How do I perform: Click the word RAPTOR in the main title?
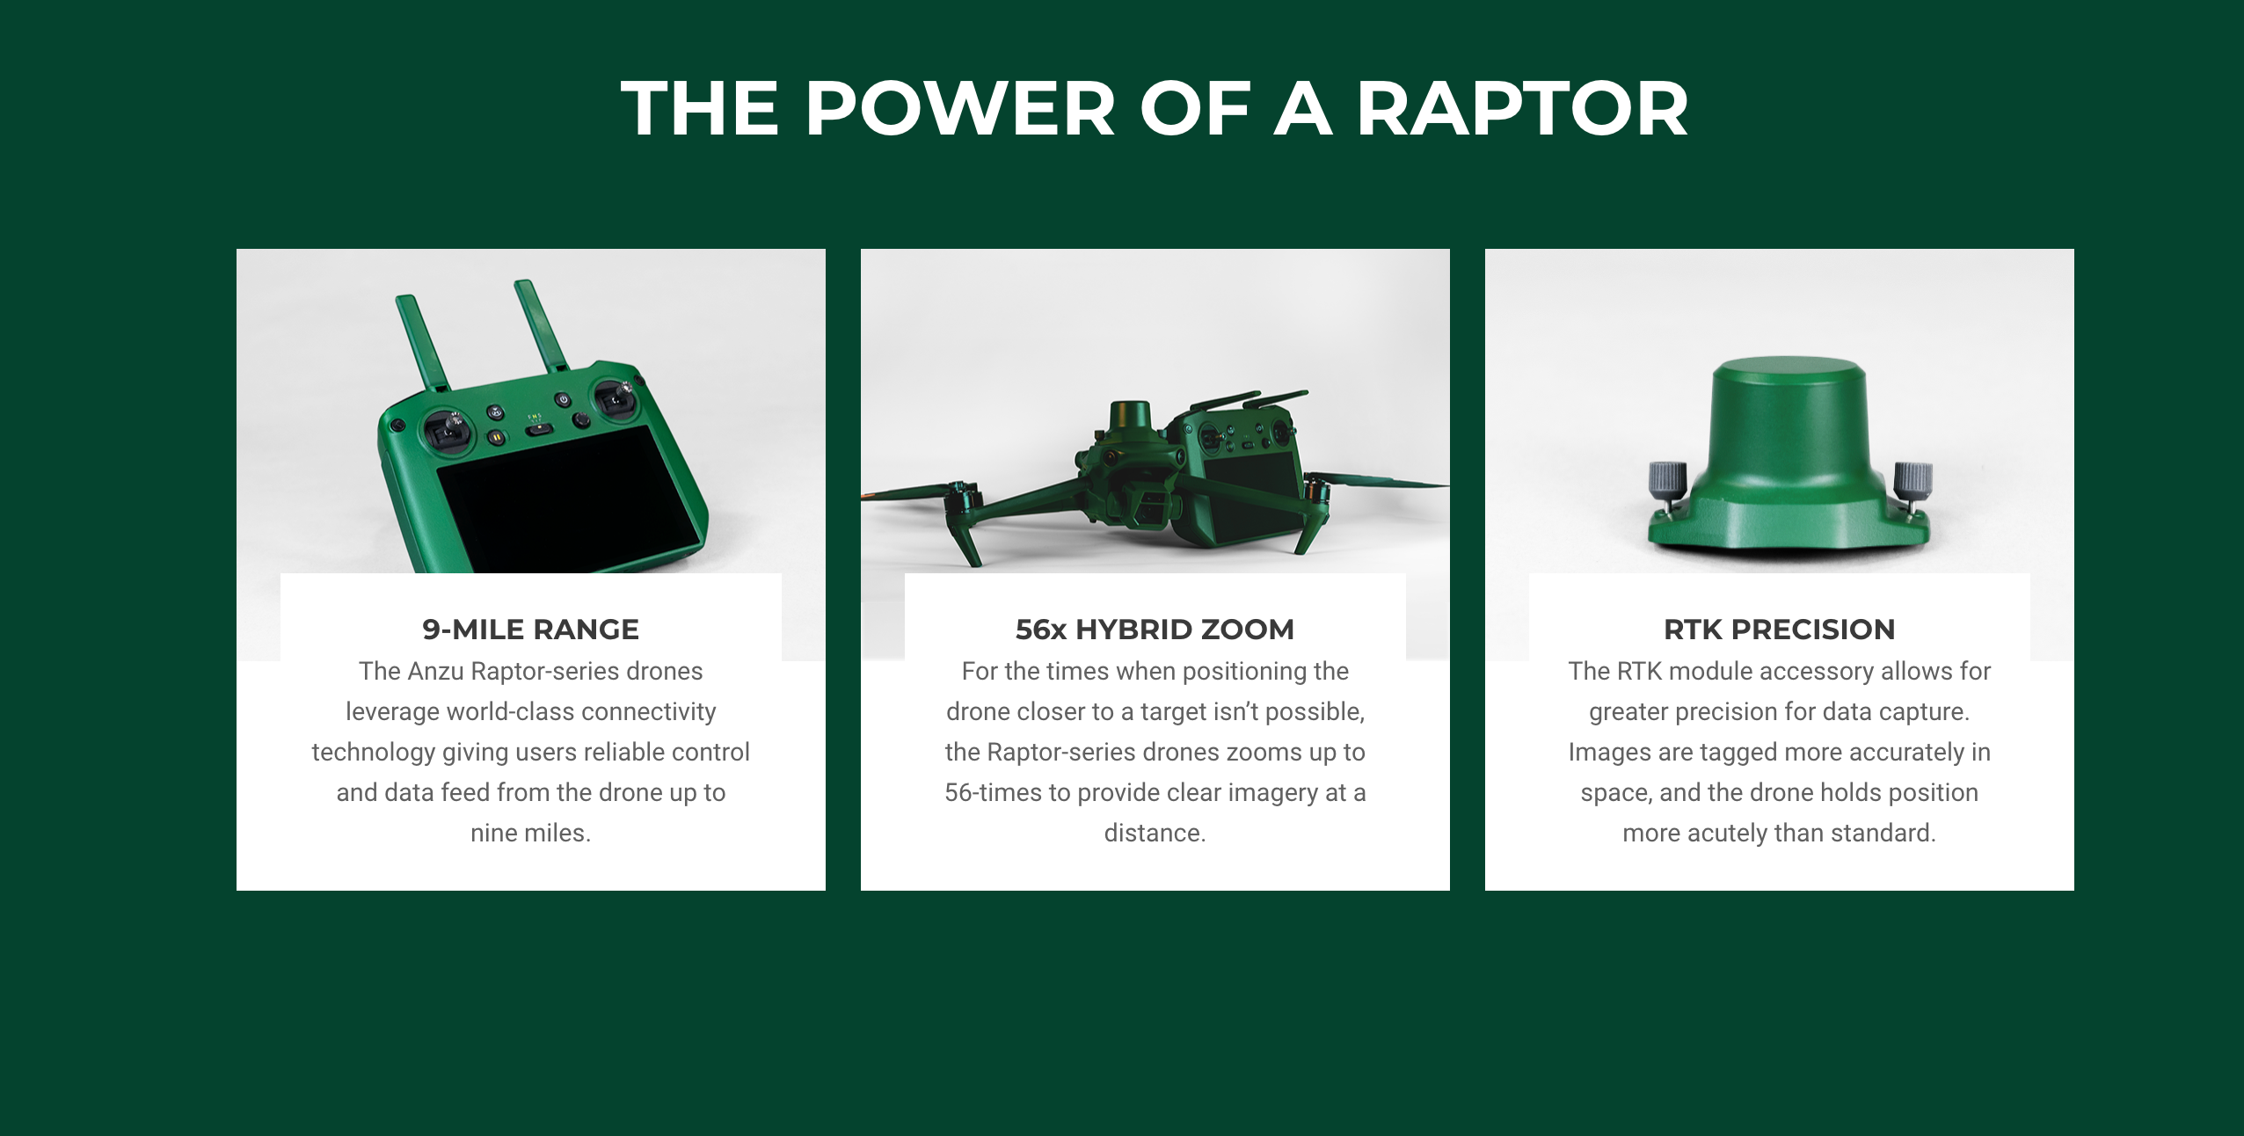(x=1521, y=109)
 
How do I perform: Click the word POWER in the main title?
(x=961, y=109)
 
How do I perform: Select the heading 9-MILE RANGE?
(x=531, y=630)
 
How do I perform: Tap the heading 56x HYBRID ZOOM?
(x=1155, y=630)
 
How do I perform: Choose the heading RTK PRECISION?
(x=1779, y=630)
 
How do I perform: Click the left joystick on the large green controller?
(x=450, y=431)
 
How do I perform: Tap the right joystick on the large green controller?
(x=616, y=400)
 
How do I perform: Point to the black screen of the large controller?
(x=567, y=501)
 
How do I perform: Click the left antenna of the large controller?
(x=423, y=343)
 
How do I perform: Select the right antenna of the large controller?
(x=542, y=325)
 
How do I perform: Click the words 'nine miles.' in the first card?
(x=531, y=833)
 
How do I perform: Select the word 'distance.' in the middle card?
(x=1155, y=833)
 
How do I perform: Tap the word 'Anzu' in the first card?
(x=435, y=671)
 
